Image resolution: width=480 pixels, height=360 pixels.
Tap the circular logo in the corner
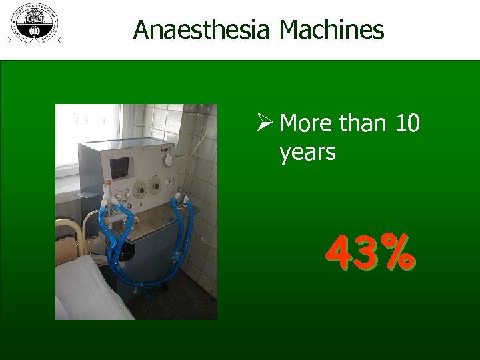point(33,23)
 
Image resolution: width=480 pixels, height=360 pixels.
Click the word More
point(307,123)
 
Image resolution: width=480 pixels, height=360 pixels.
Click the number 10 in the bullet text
point(407,123)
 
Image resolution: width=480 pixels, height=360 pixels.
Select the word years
point(307,153)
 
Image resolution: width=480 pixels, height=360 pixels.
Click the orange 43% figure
point(371,254)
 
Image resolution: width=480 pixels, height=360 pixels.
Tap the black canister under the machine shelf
point(125,252)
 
